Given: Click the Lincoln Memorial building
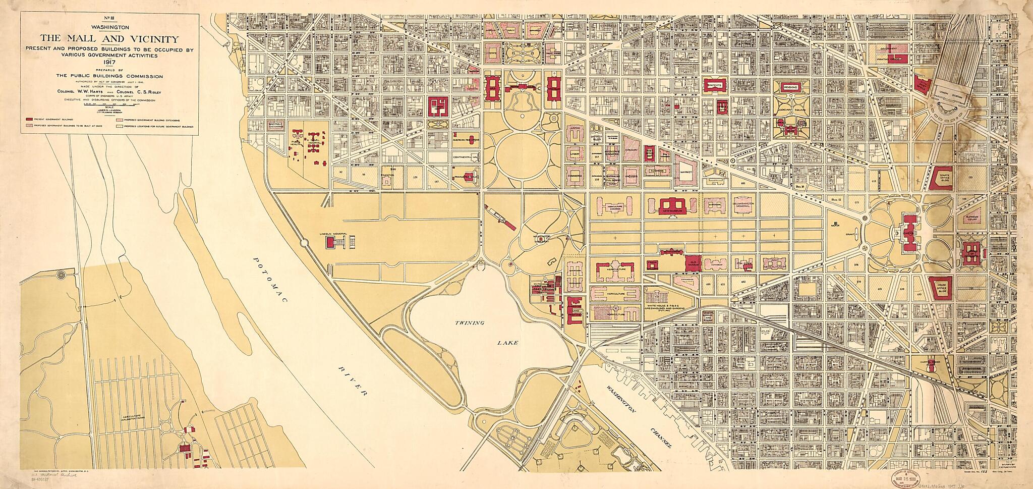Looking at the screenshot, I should pyautogui.click(x=330, y=243).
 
